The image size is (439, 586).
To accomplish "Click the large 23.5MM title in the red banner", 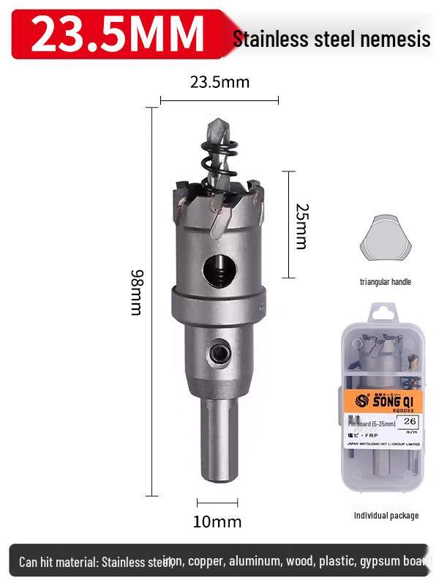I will [117, 34].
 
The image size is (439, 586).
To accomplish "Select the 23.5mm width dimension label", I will [219, 82].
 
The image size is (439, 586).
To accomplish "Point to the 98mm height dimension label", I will [137, 292].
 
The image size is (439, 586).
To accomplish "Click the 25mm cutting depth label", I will [300, 226].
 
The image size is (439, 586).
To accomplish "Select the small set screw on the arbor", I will [218, 354].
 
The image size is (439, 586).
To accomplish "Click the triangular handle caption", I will [385, 281].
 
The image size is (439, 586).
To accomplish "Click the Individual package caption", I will [386, 516].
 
